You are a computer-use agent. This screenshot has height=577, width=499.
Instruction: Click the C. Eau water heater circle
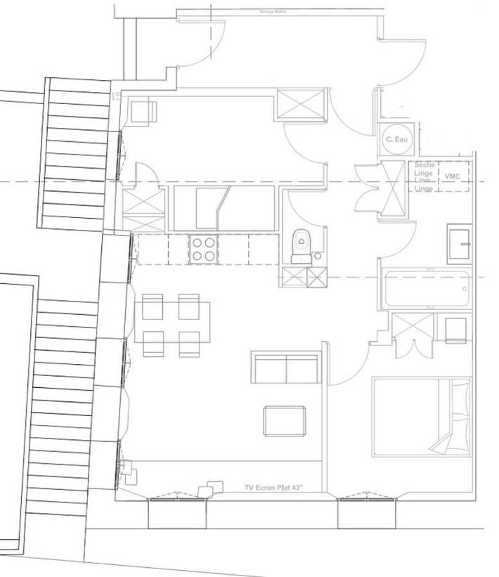[x=396, y=141]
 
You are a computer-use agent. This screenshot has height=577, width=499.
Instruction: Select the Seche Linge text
[x=424, y=169]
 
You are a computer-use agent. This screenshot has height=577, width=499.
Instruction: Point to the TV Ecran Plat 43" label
[x=275, y=488]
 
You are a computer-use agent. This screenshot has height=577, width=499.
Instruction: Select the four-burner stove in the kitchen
[x=203, y=249]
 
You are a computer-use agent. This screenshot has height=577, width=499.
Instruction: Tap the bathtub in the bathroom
[x=426, y=289]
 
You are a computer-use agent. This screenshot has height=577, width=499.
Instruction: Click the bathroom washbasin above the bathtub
[x=460, y=242]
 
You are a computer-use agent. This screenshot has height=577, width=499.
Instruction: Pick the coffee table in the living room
[x=285, y=420]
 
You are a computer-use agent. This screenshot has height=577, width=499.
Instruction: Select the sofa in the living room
[x=285, y=368]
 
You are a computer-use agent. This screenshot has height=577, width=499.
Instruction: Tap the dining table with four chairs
[x=171, y=324]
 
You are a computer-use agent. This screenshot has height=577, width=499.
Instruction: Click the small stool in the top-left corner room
[x=143, y=112]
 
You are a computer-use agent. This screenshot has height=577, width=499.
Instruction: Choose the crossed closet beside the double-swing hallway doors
[x=393, y=186]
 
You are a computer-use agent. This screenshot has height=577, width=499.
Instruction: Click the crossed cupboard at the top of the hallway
[x=302, y=104]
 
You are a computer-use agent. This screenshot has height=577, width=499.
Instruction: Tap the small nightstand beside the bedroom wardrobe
[x=455, y=328]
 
